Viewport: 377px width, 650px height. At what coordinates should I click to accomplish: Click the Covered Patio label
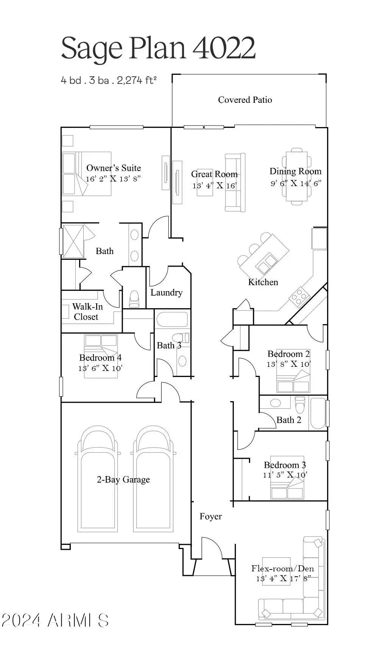click(x=245, y=100)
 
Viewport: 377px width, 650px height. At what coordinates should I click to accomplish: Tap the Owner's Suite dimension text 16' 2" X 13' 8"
click(x=113, y=178)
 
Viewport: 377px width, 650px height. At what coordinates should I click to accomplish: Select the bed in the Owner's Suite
click(x=87, y=174)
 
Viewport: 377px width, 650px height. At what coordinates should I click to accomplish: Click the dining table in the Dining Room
click(x=296, y=176)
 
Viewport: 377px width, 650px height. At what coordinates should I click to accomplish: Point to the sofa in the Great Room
click(x=235, y=183)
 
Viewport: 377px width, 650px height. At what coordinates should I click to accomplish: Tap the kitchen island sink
click(x=266, y=263)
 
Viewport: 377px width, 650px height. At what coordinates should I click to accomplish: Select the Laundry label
click(x=166, y=292)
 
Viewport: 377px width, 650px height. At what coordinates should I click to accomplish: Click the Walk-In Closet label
click(x=87, y=312)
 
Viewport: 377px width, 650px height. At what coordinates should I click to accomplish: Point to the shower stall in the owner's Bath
click(x=73, y=241)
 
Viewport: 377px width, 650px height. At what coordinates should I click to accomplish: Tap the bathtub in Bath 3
click(x=172, y=320)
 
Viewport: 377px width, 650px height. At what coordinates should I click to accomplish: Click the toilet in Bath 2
click(x=300, y=405)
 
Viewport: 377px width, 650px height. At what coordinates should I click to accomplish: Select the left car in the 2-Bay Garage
click(x=97, y=480)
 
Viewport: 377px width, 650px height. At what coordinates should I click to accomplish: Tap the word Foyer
click(x=210, y=517)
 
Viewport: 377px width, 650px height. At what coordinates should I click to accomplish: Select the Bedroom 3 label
click(x=285, y=465)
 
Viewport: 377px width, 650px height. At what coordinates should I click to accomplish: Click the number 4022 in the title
click(x=224, y=48)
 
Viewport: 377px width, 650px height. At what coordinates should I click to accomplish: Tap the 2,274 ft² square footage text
click(x=137, y=80)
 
